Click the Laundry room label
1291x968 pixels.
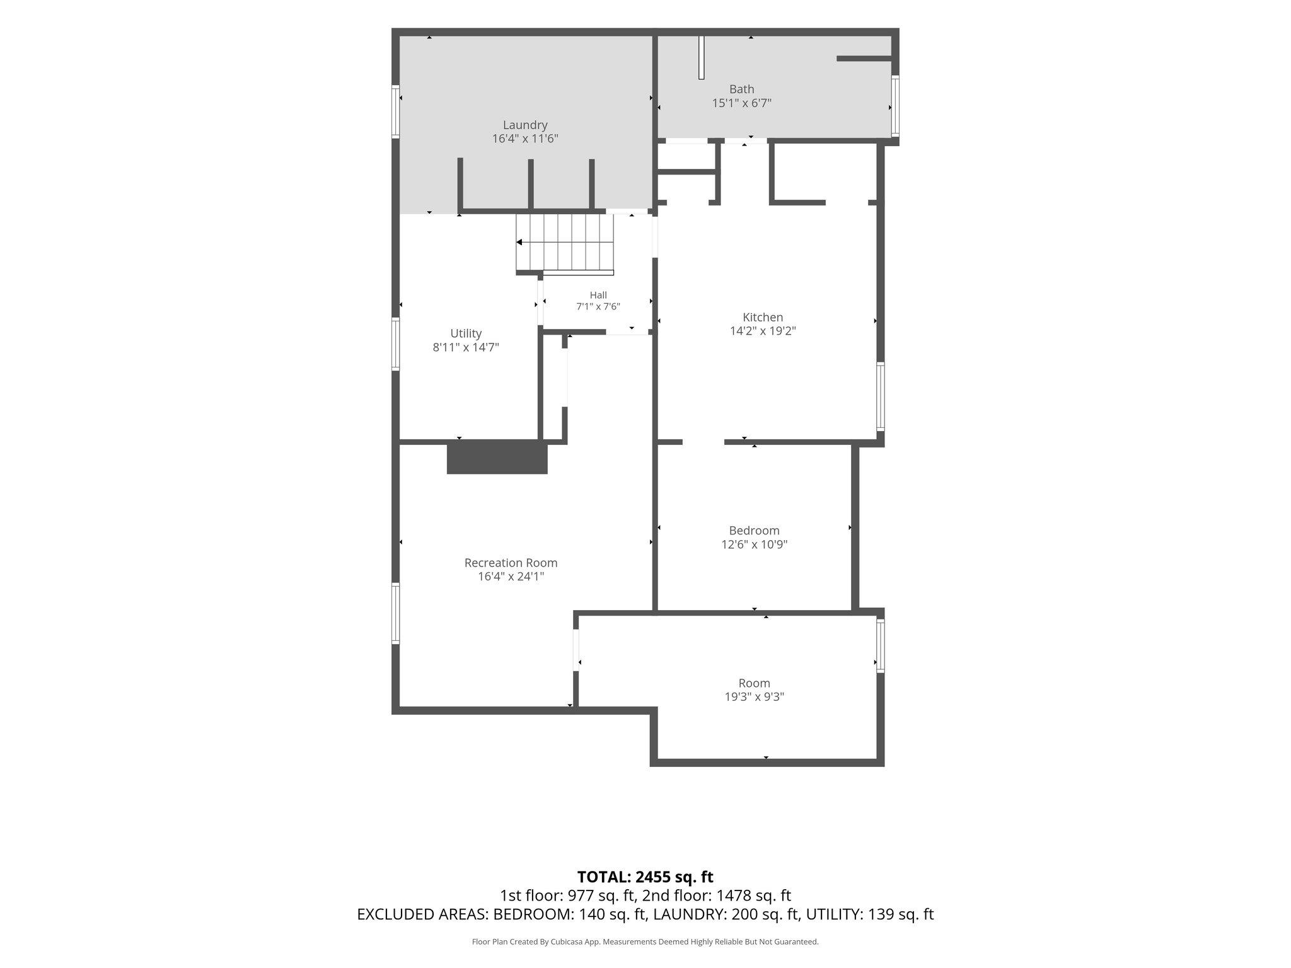[x=525, y=125]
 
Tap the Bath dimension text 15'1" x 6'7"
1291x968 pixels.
[x=742, y=103]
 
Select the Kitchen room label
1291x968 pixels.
[x=763, y=317]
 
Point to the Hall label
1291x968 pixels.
[x=598, y=295]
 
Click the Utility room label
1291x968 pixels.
[x=466, y=333]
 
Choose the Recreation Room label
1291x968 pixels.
[x=511, y=563]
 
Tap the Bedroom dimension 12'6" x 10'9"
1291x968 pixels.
[x=755, y=544]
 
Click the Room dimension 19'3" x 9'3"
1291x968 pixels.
[x=755, y=697]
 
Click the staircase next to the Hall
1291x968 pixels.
[x=565, y=243]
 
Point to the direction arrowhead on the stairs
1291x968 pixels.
[x=519, y=242]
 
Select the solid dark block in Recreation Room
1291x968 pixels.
[x=497, y=457]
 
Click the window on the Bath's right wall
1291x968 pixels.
[x=895, y=106]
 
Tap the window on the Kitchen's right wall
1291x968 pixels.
[x=881, y=396]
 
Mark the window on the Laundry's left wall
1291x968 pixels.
[x=396, y=112]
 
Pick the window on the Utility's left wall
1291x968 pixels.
[x=396, y=343]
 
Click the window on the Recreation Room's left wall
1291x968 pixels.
[x=396, y=613]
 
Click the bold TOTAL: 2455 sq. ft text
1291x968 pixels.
[x=645, y=877]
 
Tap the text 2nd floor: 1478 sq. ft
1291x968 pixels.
[x=717, y=896]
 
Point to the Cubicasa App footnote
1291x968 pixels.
[x=645, y=942]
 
